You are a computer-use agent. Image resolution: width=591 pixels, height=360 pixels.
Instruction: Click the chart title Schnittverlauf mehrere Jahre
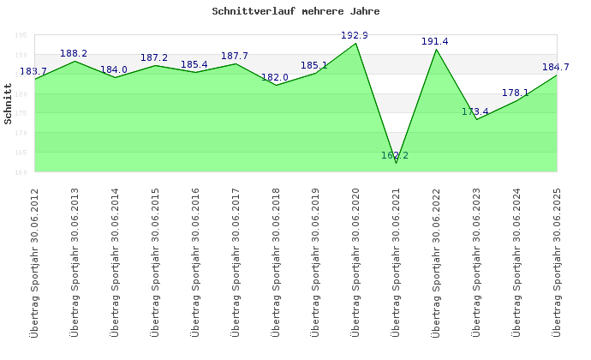click(295, 12)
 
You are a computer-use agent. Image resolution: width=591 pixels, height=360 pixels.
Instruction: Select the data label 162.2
click(395, 155)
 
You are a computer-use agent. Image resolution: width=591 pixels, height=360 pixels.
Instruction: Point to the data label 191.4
click(435, 41)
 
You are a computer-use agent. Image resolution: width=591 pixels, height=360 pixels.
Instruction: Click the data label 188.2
click(74, 53)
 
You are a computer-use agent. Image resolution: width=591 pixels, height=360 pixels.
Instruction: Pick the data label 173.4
click(475, 111)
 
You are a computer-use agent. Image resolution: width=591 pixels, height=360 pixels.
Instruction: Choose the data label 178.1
click(516, 93)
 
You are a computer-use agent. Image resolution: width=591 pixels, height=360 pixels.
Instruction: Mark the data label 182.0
click(275, 77)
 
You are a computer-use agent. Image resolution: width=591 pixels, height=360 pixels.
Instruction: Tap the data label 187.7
click(235, 56)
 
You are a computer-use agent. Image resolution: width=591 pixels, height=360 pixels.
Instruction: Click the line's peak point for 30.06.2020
click(356, 44)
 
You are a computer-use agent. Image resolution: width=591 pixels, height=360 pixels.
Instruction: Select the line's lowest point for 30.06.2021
click(397, 162)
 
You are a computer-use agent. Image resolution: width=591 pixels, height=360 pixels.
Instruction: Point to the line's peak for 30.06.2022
click(437, 49)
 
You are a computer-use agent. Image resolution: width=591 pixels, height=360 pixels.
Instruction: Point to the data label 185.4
click(194, 64)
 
